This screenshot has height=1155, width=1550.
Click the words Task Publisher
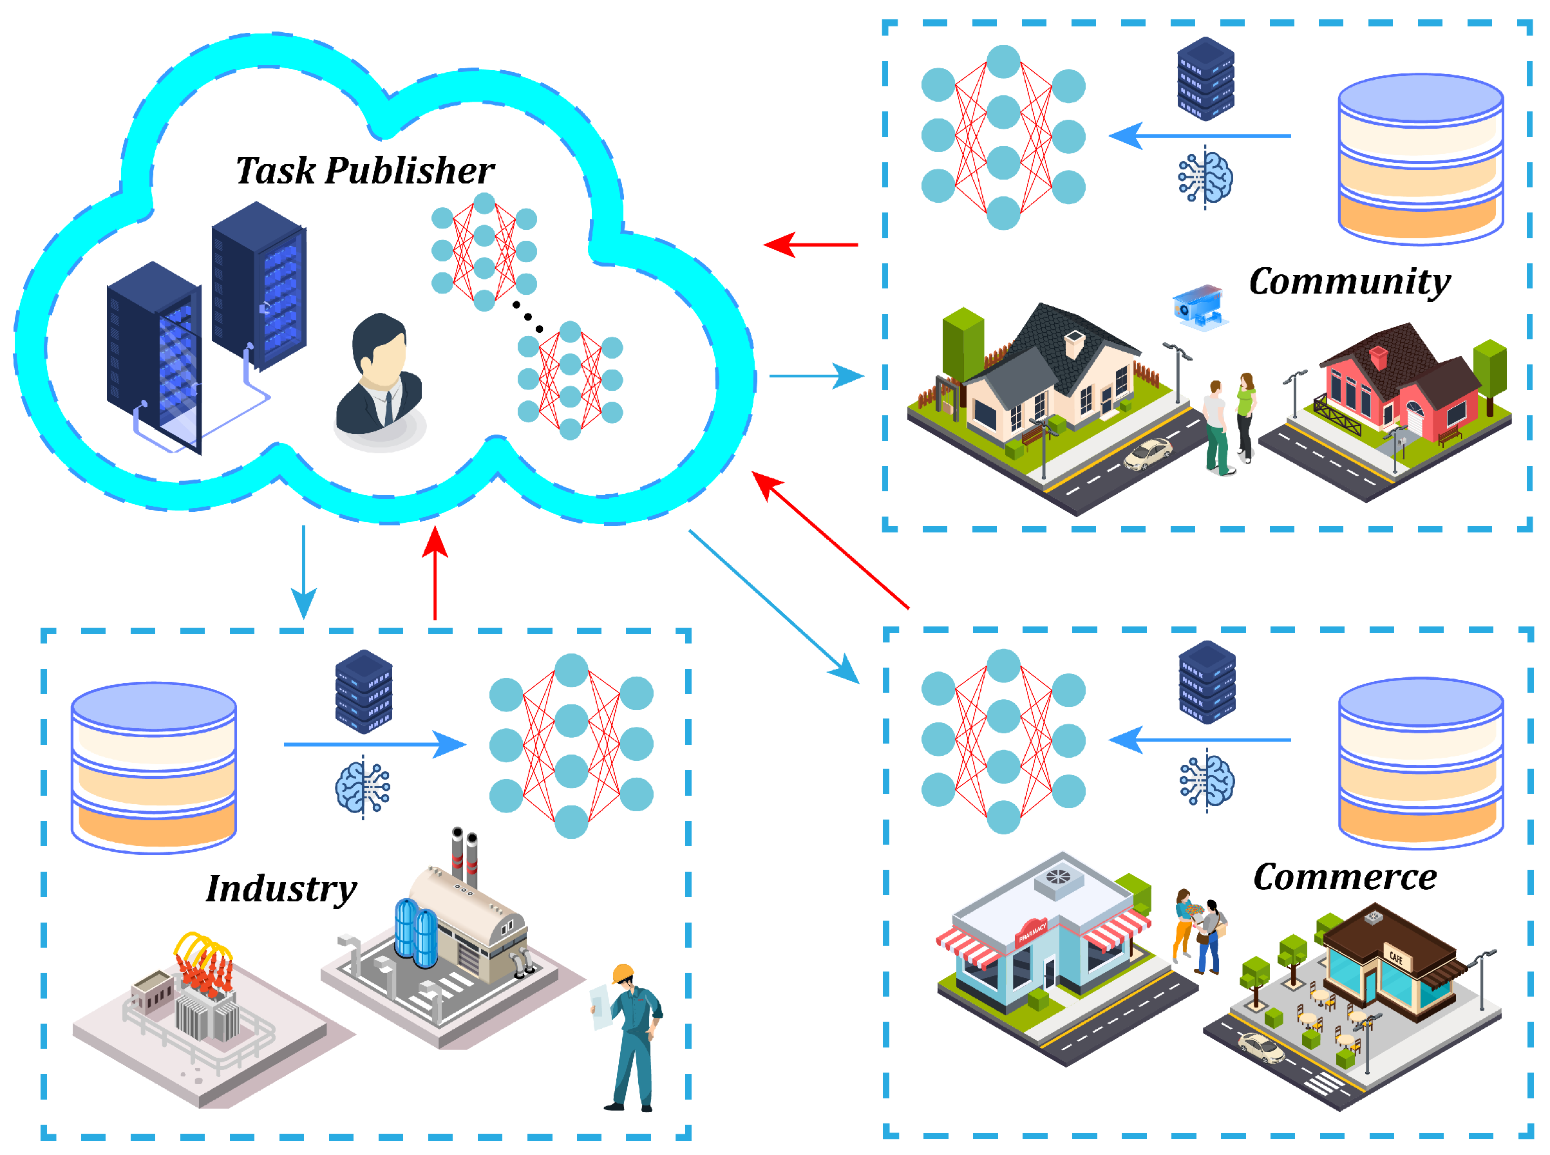364,171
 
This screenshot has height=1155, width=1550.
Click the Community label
1348,282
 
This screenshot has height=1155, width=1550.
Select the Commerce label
1344,877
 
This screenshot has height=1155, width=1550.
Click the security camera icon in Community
1199,306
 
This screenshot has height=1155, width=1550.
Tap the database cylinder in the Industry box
154,767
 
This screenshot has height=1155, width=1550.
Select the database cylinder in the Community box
1420,160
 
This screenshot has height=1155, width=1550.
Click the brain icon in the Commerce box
1207,780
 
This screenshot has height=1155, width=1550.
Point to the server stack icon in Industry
364,691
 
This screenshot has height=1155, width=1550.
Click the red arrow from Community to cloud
811,245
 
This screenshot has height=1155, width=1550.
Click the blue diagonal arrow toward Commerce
773,605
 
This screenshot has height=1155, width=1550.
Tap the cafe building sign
1396,957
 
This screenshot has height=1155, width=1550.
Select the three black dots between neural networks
527,317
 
